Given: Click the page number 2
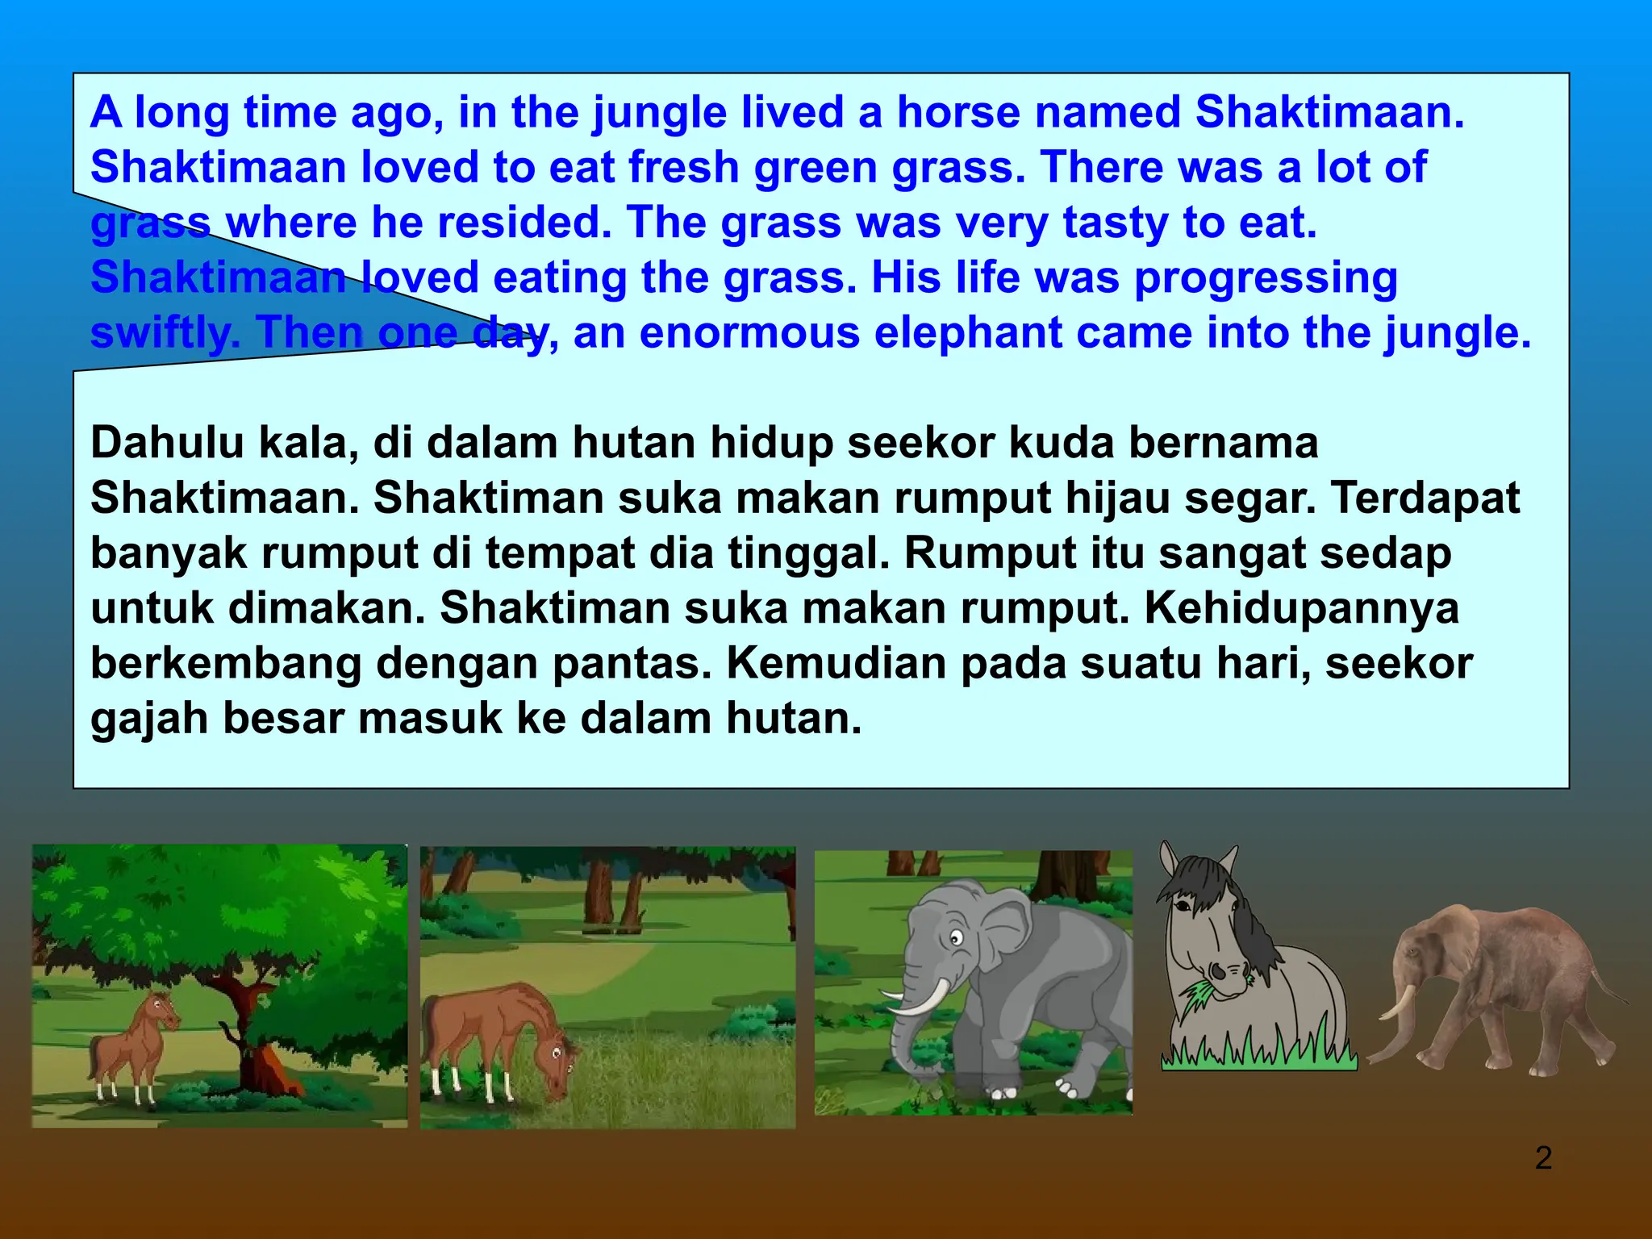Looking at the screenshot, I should [1543, 1158].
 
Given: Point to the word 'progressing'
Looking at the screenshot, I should [1265, 277].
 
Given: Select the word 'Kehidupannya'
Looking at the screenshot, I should [1301, 608].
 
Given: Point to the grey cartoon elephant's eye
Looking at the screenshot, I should [957, 938].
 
